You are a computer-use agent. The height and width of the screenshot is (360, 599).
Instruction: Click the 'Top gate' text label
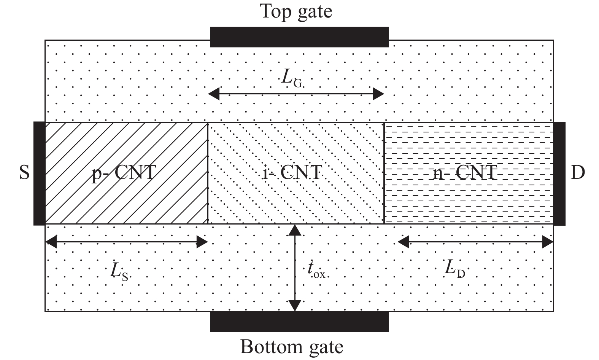[296, 11]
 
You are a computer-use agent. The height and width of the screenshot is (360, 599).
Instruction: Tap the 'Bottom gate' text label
[292, 347]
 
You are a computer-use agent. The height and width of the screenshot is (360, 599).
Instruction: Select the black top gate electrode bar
[299, 37]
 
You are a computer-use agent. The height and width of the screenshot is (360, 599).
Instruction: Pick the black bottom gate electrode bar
[299, 321]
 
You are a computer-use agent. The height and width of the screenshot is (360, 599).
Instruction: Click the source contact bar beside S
[39, 174]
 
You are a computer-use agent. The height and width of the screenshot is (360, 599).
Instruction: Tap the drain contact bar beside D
[559, 174]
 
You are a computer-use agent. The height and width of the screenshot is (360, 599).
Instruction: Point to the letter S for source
[24, 173]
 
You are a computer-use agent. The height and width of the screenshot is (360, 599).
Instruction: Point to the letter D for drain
[578, 173]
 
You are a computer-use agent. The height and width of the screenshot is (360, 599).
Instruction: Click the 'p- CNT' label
[124, 173]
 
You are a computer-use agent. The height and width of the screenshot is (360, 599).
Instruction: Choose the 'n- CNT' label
[465, 173]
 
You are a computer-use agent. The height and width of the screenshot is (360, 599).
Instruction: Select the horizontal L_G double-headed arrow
[296, 94]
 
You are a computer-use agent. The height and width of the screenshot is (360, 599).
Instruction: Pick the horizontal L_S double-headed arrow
[126, 242]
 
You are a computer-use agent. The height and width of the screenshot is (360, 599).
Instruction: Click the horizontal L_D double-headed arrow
[475, 242]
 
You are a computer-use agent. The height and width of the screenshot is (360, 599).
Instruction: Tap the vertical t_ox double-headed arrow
[295, 268]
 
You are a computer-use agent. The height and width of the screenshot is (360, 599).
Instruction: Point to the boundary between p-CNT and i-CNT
[208, 174]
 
